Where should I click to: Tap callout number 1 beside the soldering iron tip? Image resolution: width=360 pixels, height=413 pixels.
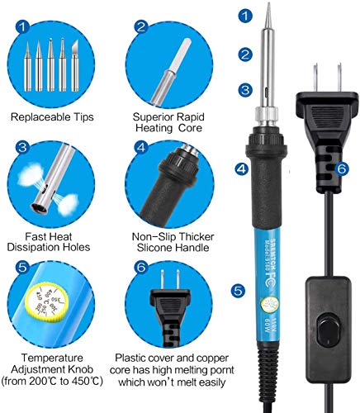(244, 16)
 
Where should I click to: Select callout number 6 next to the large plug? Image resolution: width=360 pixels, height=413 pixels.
(342, 168)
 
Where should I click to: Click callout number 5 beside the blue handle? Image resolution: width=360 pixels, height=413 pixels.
(238, 291)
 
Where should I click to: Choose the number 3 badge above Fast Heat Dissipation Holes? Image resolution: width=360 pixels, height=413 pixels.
(23, 148)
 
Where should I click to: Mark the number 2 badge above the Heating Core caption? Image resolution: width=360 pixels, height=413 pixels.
(142, 28)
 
